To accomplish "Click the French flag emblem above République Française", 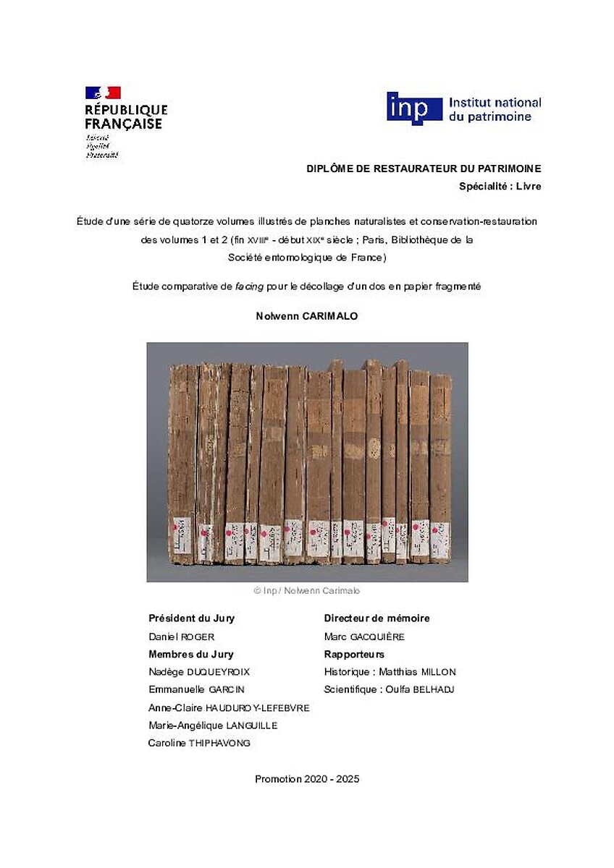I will coord(103,93).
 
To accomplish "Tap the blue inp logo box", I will coord(414,109).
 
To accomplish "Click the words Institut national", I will coord(495,103).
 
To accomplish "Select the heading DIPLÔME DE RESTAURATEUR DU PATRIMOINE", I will coord(424,169).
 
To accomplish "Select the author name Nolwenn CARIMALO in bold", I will coord(306,316).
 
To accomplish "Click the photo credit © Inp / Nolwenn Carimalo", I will coord(306,591).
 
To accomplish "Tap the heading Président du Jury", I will coord(191,618).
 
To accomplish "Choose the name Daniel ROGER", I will coord(182,637).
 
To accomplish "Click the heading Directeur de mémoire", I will coord(377,618).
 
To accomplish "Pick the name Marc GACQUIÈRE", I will coord(363,637).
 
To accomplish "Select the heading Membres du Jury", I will coord(190,655).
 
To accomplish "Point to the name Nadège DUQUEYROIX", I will coord(199,672).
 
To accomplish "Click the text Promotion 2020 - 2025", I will coord(307,779).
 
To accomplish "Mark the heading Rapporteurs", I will coord(354,655).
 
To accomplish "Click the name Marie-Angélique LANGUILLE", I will coord(213,726).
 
